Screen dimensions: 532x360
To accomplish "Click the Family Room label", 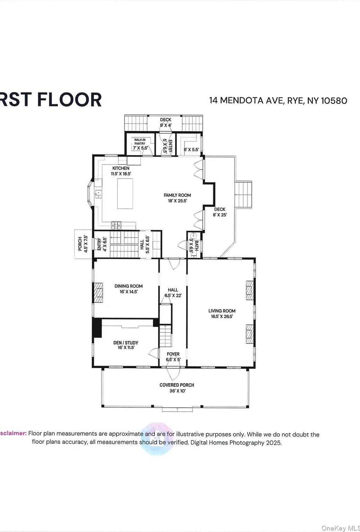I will click(177, 195).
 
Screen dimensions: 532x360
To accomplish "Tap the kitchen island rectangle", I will click(125, 194).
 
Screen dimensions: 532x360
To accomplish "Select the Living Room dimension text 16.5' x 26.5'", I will click(222, 316).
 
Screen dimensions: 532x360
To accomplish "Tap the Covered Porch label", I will click(177, 385).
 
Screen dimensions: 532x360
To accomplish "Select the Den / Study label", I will click(126, 343).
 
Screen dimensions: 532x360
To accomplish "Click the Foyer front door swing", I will click(173, 374).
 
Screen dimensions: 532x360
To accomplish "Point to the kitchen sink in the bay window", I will click(98, 194).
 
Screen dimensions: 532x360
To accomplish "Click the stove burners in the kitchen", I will click(116, 225).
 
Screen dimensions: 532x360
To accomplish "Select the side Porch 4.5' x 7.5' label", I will click(80, 244).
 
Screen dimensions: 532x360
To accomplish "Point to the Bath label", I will click(196, 246).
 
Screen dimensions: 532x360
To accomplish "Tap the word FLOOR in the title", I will click(69, 100).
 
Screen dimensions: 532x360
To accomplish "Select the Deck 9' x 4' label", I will click(166, 120).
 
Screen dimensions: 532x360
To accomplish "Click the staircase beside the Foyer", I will click(166, 336).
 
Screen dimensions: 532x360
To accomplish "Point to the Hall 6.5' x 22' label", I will click(173, 290).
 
